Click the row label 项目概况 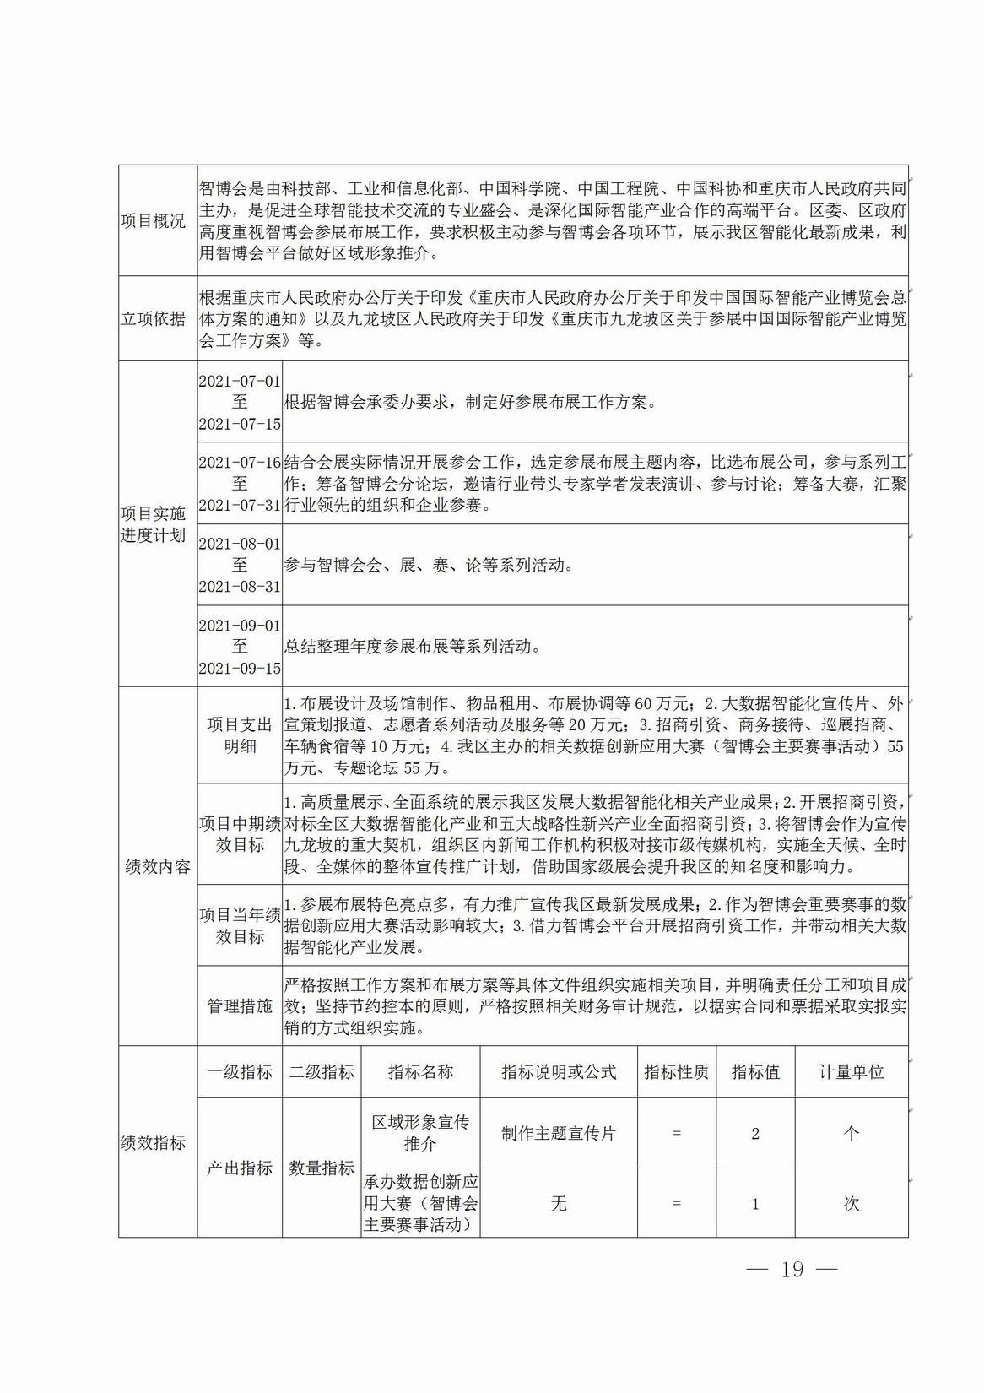pyautogui.click(x=153, y=222)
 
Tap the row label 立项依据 pyautogui.click(x=153, y=319)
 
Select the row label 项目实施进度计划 pyautogui.click(x=153, y=524)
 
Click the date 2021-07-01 pyautogui.click(x=240, y=381)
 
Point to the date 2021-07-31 pyautogui.click(x=240, y=506)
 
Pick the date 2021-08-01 pyautogui.click(x=240, y=544)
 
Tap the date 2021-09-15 pyautogui.click(x=240, y=668)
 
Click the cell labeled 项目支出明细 pyautogui.click(x=240, y=735)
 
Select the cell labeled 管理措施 pyautogui.click(x=240, y=1006)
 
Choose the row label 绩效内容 pyautogui.click(x=157, y=866)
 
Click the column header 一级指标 pyautogui.click(x=240, y=1072)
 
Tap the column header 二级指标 pyautogui.click(x=322, y=1072)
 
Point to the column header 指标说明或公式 pyautogui.click(x=559, y=1072)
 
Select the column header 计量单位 pyautogui.click(x=851, y=1072)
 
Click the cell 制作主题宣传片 pyautogui.click(x=559, y=1133)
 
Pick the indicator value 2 pyautogui.click(x=755, y=1133)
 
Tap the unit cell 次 pyautogui.click(x=851, y=1204)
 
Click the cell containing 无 pyautogui.click(x=559, y=1204)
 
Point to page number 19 pyautogui.click(x=792, y=1270)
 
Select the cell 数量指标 pyautogui.click(x=322, y=1168)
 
